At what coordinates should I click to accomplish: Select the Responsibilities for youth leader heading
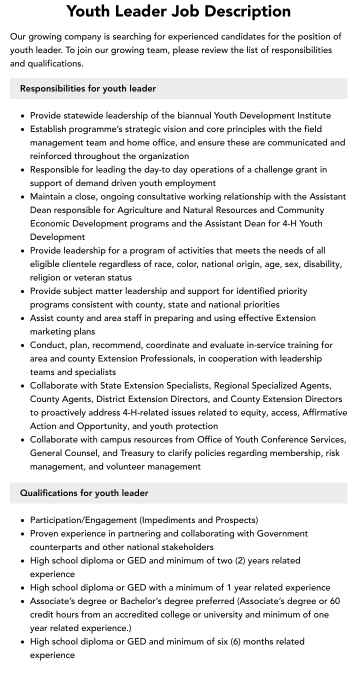88,88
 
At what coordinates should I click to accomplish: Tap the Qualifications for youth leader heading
84,493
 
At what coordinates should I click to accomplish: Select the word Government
282,533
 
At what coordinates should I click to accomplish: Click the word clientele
82,264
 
